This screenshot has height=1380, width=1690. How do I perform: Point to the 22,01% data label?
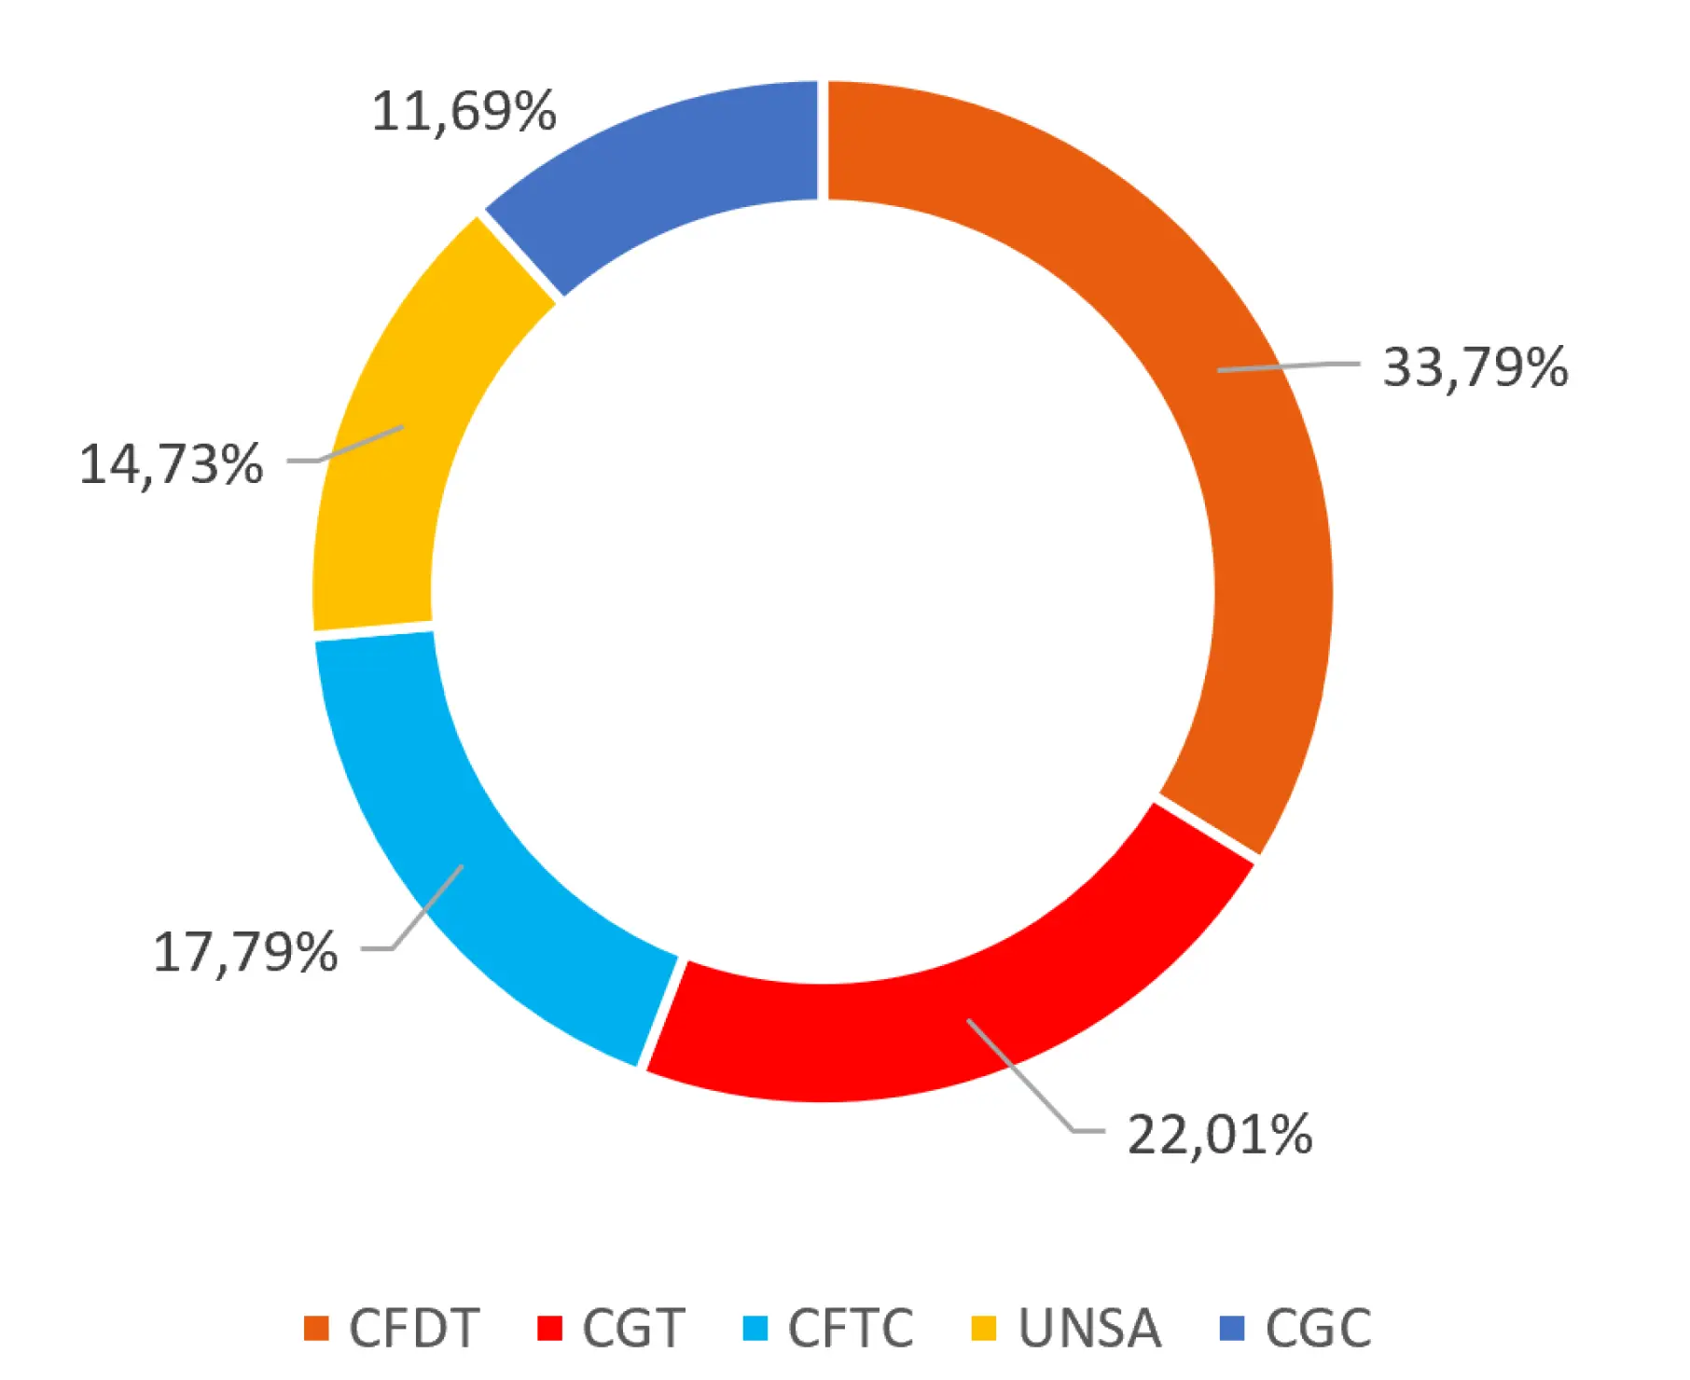[x=1220, y=1135]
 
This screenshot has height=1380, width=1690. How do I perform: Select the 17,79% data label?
[x=245, y=952]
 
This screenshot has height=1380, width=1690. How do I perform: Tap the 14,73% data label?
[x=172, y=463]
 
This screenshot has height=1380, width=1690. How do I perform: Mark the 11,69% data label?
[x=464, y=111]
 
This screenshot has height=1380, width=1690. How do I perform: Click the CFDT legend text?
[x=414, y=1328]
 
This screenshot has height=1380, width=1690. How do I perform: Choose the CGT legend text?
[x=633, y=1328]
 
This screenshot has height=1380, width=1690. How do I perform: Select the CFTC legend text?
[x=851, y=1328]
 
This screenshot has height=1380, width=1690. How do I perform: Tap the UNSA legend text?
[x=1089, y=1328]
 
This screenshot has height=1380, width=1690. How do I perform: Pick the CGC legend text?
[x=1318, y=1328]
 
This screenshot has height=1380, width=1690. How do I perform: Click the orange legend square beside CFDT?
[x=317, y=1328]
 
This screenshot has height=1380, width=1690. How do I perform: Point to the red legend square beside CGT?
[x=550, y=1328]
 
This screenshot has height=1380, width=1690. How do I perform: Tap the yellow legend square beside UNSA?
[x=984, y=1328]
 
